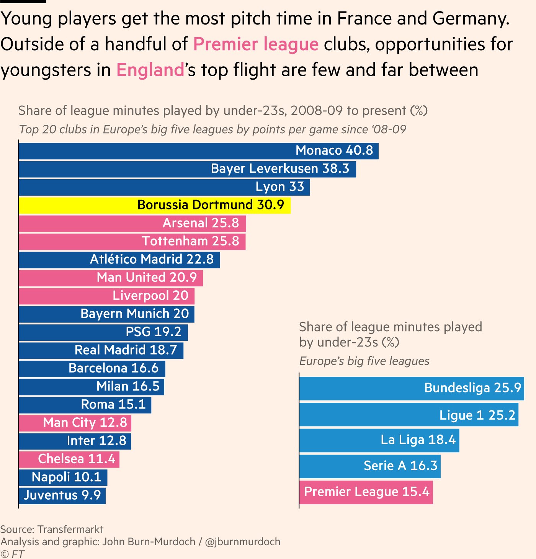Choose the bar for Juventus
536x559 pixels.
[x=62, y=495]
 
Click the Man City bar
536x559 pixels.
[x=75, y=423]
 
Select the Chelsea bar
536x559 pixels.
[x=69, y=459]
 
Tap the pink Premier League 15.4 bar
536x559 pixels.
[x=366, y=492]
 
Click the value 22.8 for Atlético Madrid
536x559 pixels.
[x=200, y=260]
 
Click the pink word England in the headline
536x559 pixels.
[x=150, y=70]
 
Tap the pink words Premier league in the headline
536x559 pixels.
[x=256, y=44]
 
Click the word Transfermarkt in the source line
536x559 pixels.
[x=70, y=530]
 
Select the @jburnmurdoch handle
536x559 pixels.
[x=243, y=542]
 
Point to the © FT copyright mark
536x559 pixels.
[x=12, y=554]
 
